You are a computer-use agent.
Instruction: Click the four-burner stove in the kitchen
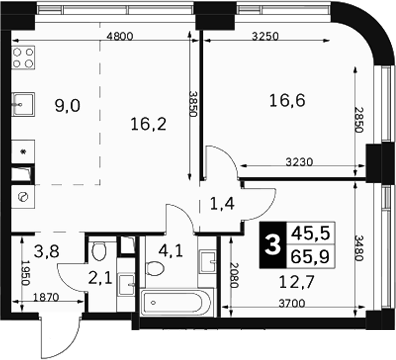coord(23,58)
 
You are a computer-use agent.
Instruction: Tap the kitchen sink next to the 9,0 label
coord(23,104)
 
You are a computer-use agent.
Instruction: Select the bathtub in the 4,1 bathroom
coord(176,303)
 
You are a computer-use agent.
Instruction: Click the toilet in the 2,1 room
coord(99,252)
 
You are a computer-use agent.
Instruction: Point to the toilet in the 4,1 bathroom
coord(156,268)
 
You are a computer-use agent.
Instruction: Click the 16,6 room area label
coord(287,100)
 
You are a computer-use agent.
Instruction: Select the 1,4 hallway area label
coord(222,203)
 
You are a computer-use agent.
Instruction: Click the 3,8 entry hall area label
coord(47,251)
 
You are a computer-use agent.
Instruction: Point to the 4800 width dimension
coord(120,36)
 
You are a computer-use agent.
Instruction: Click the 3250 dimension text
coord(265,36)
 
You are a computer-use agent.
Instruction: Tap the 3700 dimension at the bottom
coord(292,303)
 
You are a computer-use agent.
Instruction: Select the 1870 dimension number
coord(46,296)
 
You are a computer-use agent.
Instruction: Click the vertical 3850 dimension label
coord(193,104)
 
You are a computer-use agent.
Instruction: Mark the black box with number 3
coord(273,245)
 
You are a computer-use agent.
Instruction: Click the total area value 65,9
coord(310,256)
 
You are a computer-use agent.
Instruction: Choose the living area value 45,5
coord(310,233)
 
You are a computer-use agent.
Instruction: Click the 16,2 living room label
coord(148,124)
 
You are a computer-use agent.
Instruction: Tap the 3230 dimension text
coord(300,162)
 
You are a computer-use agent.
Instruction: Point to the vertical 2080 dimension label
coord(234,275)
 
